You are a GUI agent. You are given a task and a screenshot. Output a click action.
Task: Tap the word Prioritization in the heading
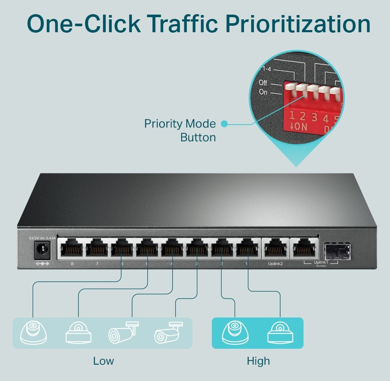pyautogui.click(x=299, y=24)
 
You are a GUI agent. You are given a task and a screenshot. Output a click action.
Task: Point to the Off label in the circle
pyautogui.click(x=263, y=83)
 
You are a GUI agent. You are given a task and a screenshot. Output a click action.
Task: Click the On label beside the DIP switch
pyautogui.click(x=263, y=92)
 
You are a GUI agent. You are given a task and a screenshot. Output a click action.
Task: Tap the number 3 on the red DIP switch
pyautogui.click(x=314, y=117)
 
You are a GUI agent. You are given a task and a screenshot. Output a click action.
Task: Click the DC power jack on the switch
pyautogui.click(x=42, y=250)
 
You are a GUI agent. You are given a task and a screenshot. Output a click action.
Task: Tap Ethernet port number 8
pyautogui.click(x=72, y=249)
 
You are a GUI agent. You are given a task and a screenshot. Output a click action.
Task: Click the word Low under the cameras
pyautogui.click(x=104, y=361)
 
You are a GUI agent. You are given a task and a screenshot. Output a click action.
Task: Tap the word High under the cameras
pyautogui.click(x=258, y=361)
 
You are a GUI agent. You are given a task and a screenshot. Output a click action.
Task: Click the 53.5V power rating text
pyautogui.click(x=34, y=238)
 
